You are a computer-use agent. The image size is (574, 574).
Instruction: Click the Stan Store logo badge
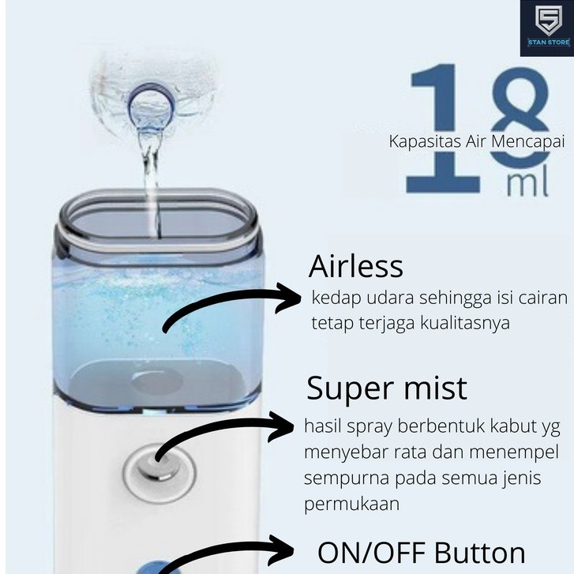pyautogui.click(x=546, y=28)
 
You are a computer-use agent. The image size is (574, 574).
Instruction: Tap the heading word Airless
pyautogui.click(x=355, y=267)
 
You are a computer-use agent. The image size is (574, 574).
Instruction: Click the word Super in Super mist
pyautogui.click(x=347, y=389)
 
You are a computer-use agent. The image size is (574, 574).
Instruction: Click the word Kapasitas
pyautogui.click(x=418, y=142)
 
